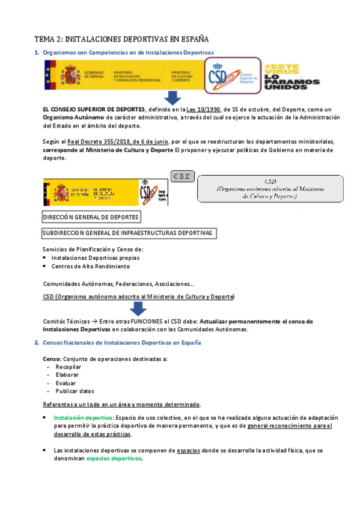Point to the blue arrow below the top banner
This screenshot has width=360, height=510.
tap(174, 97)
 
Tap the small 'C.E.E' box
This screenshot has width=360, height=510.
tap(182, 176)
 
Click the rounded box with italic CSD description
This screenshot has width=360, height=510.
tap(270, 188)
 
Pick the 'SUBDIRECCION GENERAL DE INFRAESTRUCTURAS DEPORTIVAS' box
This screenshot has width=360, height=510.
tap(129, 233)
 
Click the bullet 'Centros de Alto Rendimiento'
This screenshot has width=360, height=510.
tap(91, 266)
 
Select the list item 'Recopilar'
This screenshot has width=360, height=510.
tap(69, 366)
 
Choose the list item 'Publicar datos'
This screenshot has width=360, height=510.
tap(75, 390)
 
